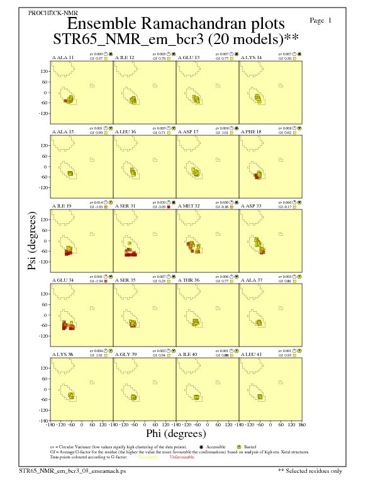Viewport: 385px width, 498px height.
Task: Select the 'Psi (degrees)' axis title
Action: (x=32, y=241)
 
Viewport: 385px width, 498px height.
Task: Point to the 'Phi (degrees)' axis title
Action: (x=176, y=433)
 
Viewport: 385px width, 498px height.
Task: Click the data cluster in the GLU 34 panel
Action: (x=67, y=325)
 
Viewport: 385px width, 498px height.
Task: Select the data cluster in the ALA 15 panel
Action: (x=70, y=173)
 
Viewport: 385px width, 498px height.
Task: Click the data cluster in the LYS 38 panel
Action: (x=71, y=396)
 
